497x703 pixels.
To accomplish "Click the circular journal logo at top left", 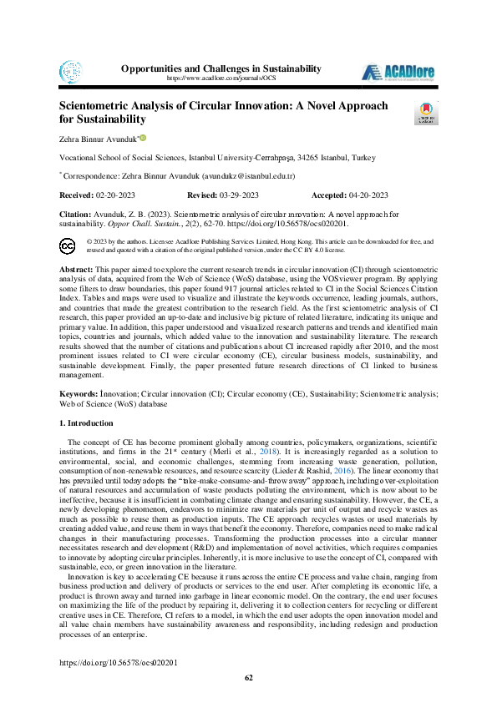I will (x=71, y=71).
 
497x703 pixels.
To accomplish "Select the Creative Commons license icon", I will (x=68, y=221).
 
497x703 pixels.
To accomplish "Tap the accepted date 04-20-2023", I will (x=368, y=195).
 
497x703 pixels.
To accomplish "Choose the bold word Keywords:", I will (x=78, y=393).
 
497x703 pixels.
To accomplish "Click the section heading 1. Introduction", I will (x=88, y=423).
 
